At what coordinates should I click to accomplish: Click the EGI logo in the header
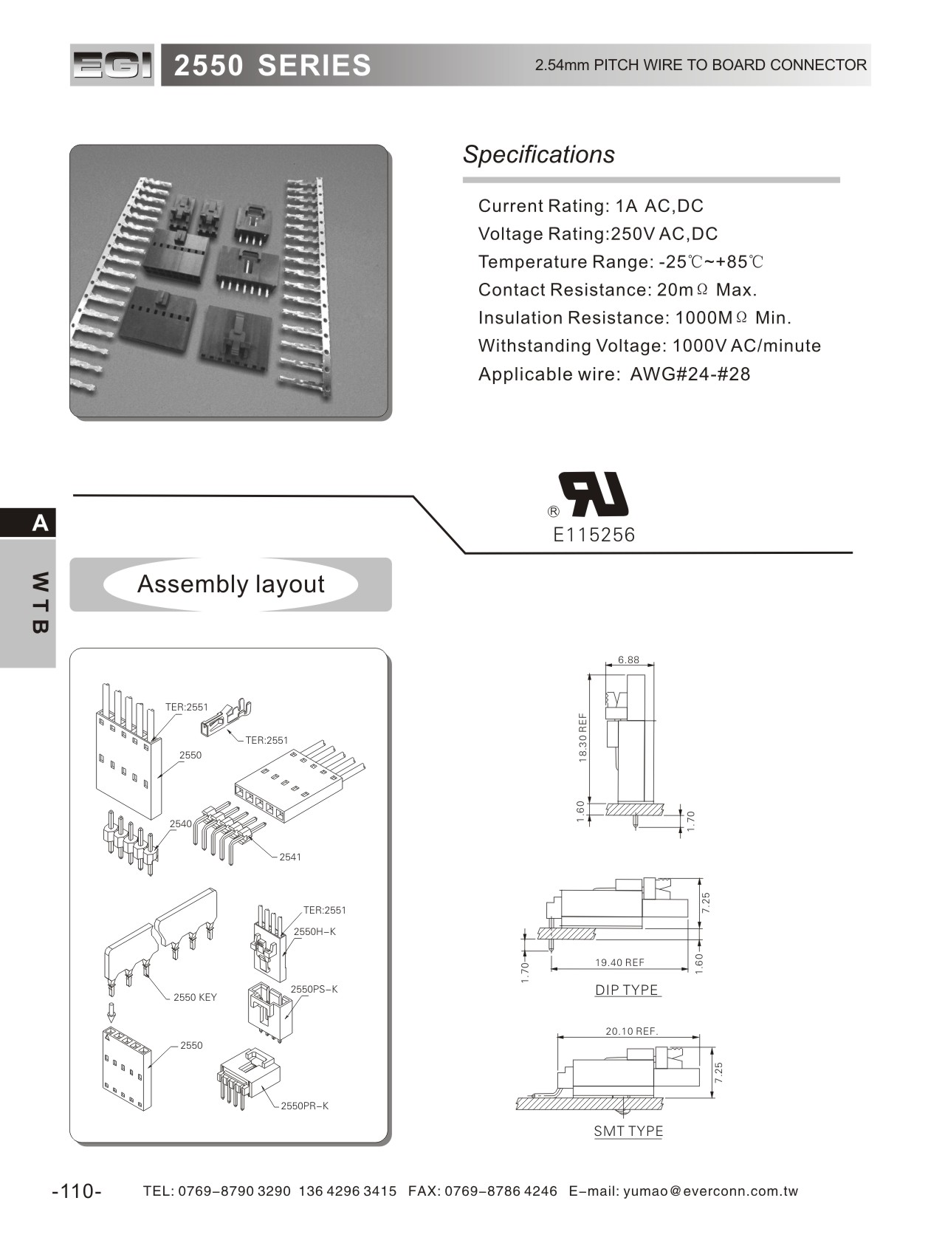coord(112,66)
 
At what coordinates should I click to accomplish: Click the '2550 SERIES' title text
coord(272,66)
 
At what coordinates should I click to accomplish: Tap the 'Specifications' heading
coord(538,154)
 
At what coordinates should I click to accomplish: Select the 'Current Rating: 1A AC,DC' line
coord(591,206)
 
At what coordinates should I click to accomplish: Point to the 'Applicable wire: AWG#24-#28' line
coord(613,374)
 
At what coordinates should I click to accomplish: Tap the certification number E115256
coord(594,535)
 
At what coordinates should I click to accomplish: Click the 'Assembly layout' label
coord(230,584)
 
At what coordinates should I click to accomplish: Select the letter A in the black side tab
coord(40,523)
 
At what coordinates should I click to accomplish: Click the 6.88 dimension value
coord(628,660)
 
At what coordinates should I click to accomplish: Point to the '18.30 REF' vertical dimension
coord(582,737)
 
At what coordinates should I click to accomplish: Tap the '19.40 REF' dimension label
coord(619,962)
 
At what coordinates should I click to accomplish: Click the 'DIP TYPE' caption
coord(627,990)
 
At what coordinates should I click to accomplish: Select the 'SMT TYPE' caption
coord(628,1131)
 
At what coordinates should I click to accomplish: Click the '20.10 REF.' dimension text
coord(631,1031)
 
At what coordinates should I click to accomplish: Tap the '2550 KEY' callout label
coord(195,997)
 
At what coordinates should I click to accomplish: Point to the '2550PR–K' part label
coord(304,1106)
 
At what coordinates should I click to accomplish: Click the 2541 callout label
coord(289,857)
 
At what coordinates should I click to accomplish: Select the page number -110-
coord(77,1191)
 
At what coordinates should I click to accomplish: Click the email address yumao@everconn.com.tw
coord(711,1191)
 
